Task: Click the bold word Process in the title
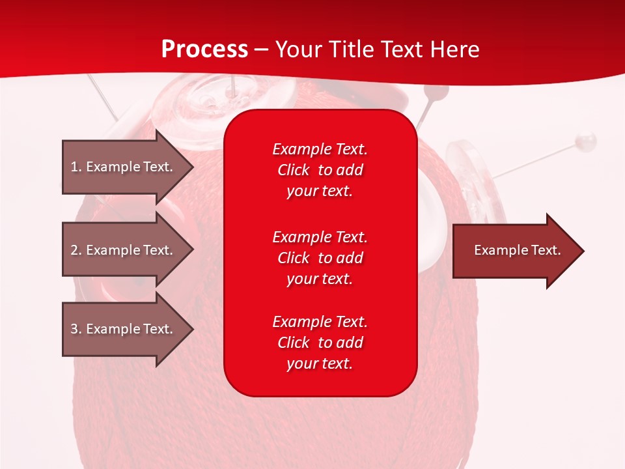click(204, 50)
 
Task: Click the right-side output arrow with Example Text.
click(517, 251)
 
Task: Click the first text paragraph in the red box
click(320, 170)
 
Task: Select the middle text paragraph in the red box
click(320, 258)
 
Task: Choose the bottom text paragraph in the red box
click(320, 343)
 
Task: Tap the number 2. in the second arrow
click(76, 250)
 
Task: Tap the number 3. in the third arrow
click(76, 329)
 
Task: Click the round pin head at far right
click(587, 139)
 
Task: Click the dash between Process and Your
click(261, 50)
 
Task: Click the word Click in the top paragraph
click(294, 170)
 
